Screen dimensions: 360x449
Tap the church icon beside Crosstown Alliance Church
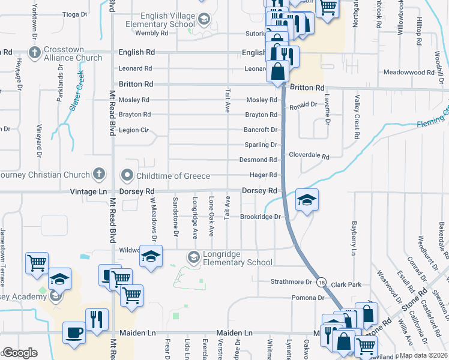click(x=35, y=53)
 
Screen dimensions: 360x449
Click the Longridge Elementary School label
click(x=238, y=257)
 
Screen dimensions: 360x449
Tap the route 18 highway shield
click(x=322, y=282)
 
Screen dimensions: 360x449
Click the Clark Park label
click(x=345, y=282)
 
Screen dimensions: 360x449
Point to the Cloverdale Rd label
click(x=309, y=155)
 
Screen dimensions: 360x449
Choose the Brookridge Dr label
click(x=261, y=217)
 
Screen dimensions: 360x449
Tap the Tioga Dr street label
click(x=75, y=13)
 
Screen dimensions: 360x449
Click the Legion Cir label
click(x=133, y=130)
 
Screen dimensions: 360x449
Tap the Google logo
click(x=20, y=353)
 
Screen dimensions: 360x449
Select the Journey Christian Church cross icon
click(x=99, y=175)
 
